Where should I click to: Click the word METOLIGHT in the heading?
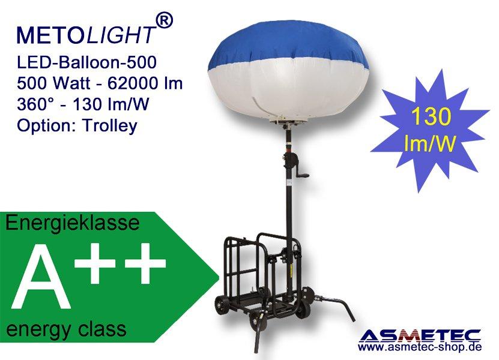point(86,35)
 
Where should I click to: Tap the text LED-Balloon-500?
point(86,62)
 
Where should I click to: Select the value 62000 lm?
point(145,83)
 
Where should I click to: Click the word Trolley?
point(110,126)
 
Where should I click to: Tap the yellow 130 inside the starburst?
point(431,116)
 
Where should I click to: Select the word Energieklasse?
point(73,223)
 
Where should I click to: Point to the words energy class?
point(66,329)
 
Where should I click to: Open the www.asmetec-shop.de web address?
point(420,347)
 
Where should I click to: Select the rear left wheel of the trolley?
point(220,305)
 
